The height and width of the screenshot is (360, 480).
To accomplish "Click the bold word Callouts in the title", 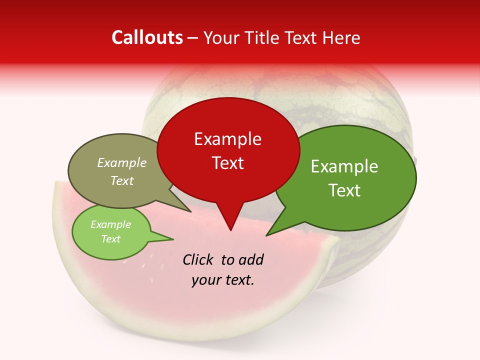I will [x=147, y=38].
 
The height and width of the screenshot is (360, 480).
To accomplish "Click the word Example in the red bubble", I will [x=227, y=139].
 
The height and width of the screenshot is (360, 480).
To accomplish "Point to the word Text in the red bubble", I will [x=227, y=163].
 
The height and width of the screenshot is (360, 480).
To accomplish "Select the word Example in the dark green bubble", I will [x=344, y=166].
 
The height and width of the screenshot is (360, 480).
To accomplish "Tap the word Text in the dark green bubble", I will [x=344, y=190].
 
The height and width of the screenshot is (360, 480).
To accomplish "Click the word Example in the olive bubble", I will [x=122, y=162].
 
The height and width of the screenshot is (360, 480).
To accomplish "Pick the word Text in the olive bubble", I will [x=122, y=180].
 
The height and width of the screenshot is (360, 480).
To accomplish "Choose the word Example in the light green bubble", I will [x=111, y=224].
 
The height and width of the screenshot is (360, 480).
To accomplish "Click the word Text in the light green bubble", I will [x=111, y=239].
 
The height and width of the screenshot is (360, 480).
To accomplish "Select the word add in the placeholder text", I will [x=250, y=259].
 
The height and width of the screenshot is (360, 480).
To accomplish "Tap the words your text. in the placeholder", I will [x=223, y=280].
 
